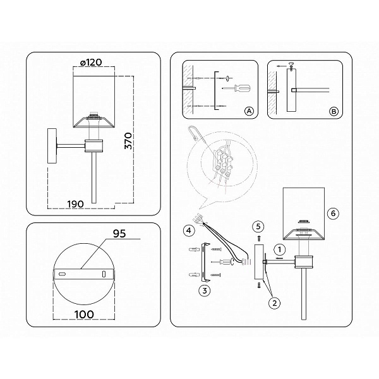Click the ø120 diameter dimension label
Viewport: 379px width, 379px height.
91,63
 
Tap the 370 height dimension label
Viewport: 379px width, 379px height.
128,141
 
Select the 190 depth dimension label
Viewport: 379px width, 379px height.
75,204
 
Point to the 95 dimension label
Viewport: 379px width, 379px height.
119,234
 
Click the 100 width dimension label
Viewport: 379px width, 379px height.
84,315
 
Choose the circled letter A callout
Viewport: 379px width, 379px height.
250,111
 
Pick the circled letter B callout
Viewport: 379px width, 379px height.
334,111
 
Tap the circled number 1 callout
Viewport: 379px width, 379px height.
280,250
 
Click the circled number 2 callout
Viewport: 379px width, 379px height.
275,303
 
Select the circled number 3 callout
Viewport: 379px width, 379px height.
205,291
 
